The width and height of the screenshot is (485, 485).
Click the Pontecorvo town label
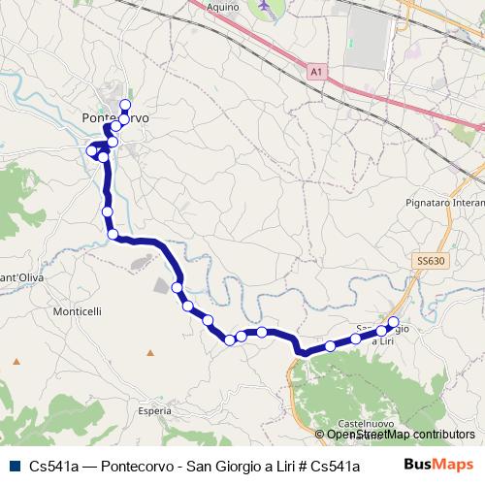(x=114, y=117)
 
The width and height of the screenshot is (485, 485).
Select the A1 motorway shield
(x=316, y=71)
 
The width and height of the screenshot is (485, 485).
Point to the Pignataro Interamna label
(x=442, y=203)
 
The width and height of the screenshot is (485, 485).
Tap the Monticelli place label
(x=78, y=311)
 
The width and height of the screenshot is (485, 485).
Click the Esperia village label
(x=154, y=411)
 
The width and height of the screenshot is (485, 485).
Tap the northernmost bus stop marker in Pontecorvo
(x=125, y=105)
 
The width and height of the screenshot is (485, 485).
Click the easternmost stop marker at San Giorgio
(x=393, y=322)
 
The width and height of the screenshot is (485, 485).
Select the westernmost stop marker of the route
(x=92, y=150)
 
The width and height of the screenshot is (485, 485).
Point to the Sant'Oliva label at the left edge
(x=19, y=279)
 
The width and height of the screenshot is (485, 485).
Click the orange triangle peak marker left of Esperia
(x=16, y=362)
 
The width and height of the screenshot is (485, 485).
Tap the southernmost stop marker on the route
(x=230, y=339)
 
